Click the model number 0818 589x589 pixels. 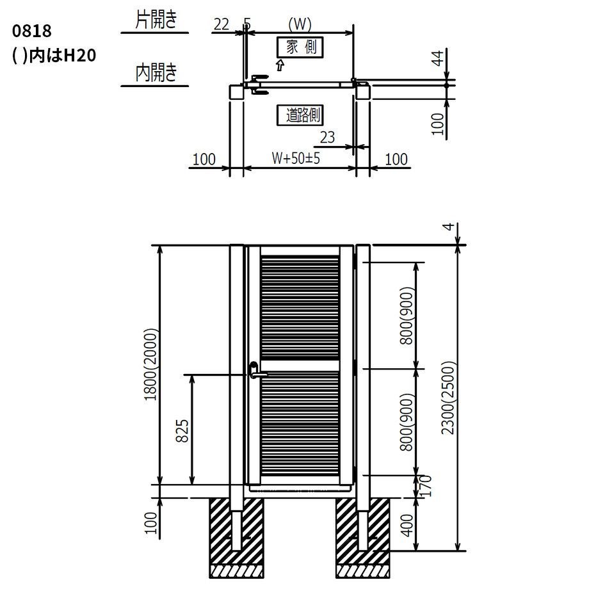click(31, 31)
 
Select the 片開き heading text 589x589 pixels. click(156, 20)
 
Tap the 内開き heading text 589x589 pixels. click(156, 72)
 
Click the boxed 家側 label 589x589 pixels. click(300, 47)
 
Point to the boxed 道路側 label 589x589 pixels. click(300, 115)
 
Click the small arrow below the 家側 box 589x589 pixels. click(280, 65)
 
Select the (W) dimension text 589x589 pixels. click(300, 24)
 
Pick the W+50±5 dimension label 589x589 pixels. click(296, 158)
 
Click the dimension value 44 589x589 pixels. click(439, 59)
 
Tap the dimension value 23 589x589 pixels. click(327, 138)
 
